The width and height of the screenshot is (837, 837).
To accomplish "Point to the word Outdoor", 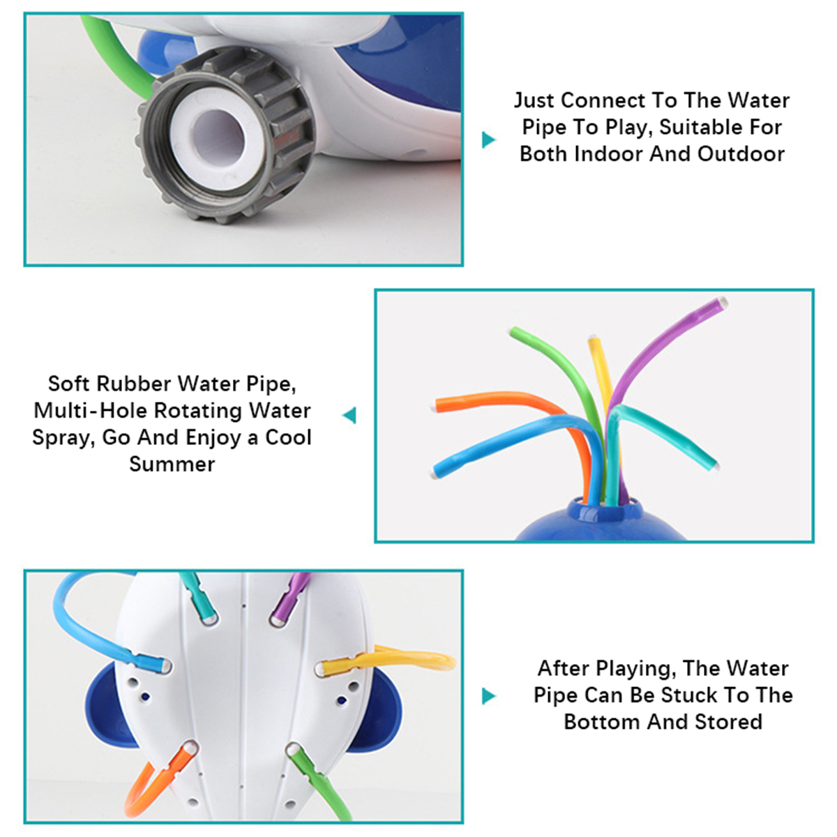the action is [x=741, y=153].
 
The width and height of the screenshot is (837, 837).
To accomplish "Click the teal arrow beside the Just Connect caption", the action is [x=489, y=139].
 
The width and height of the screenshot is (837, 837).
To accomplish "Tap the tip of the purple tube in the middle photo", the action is [x=722, y=302].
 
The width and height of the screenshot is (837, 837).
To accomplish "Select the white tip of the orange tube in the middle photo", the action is [x=433, y=406].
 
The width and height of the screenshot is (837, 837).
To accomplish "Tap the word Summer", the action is [x=172, y=464].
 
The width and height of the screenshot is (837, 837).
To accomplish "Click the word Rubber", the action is [x=134, y=384].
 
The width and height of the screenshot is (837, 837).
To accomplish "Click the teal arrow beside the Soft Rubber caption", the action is [x=349, y=415].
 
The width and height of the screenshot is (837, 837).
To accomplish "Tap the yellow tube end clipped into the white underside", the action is [x=337, y=668].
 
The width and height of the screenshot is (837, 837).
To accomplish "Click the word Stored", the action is [x=727, y=722].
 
